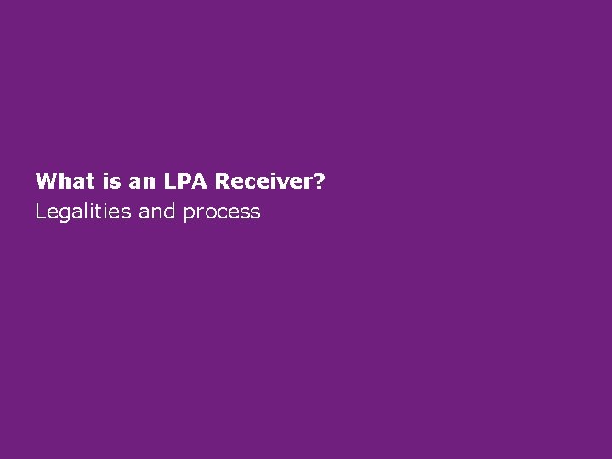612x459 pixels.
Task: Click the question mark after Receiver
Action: click(x=319, y=181)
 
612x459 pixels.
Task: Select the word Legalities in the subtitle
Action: click(x=82, y=212)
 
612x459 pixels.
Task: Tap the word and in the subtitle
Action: click(x=156, y=212)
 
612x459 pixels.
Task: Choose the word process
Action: click(x=221, y=212)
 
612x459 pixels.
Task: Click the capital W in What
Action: click(x=45, y=181)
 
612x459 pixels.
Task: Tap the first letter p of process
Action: click(x=188, y=214)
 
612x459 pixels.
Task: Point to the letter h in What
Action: click(x=61, y=181)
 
